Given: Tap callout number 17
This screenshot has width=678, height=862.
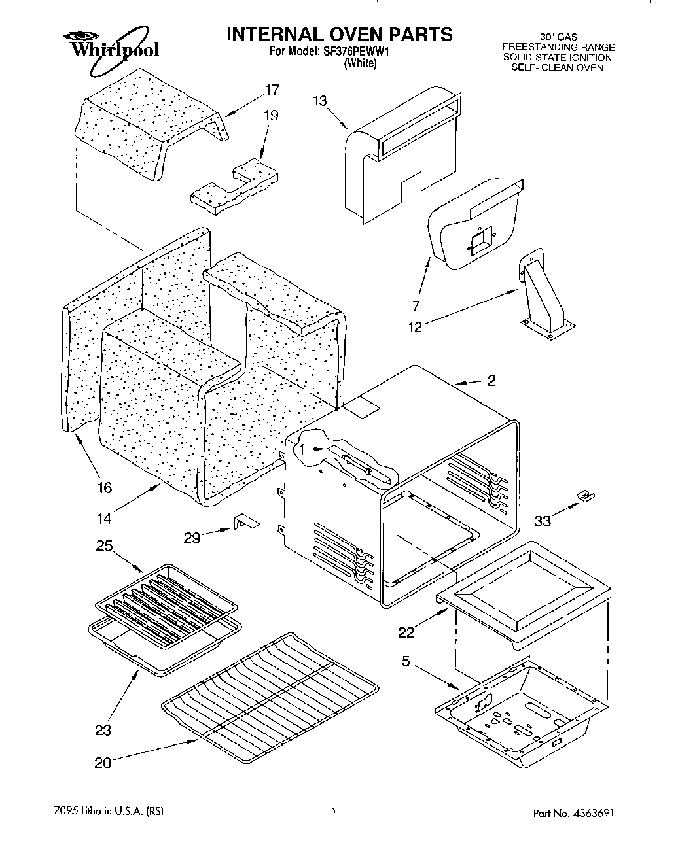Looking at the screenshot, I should click(272, 90).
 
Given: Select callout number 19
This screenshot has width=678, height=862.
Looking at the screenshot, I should click(270, 116).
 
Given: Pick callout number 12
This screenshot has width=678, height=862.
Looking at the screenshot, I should click(415, 327).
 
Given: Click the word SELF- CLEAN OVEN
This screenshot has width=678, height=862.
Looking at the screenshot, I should click(557, 67).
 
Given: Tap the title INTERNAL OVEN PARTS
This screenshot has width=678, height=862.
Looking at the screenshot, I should click(339, 34).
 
